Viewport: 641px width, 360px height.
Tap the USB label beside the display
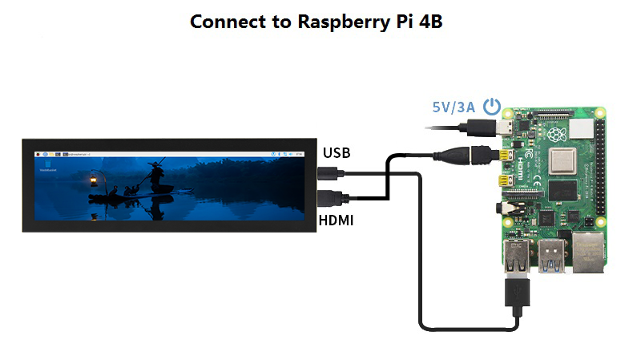coord(336,152)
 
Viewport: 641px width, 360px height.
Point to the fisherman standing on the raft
coord(155,172)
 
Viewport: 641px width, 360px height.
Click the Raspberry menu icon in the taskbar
coord(38,152)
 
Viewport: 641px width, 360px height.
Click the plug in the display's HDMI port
coord(329,198)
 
